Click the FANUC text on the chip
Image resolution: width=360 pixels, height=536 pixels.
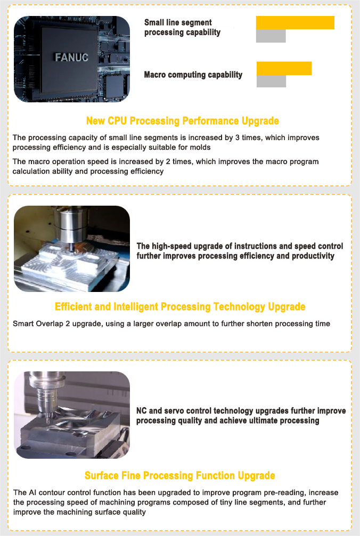[71, 57]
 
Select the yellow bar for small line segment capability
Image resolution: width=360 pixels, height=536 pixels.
[295, 22]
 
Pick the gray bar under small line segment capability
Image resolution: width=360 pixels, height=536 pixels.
[271, 36]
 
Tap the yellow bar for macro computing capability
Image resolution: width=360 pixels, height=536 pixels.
[284, 68]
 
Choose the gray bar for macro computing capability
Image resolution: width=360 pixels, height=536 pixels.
[271, 82]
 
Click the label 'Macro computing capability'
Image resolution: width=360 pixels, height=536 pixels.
[193, 75]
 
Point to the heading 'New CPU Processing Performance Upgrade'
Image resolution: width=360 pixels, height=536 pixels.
[182, 121]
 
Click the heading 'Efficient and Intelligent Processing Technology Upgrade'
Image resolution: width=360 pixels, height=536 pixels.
[180, 307]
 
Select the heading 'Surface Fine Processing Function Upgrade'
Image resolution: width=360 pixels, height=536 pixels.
[180, 475]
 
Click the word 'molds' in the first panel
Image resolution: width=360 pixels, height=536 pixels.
[200, 147]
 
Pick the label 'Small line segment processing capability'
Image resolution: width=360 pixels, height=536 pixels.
[182, 27]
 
